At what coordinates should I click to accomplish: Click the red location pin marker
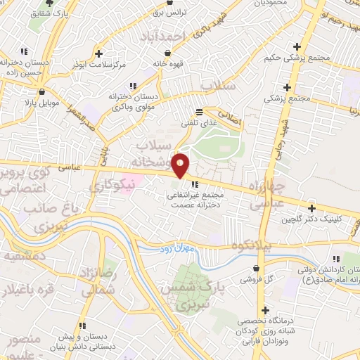181,165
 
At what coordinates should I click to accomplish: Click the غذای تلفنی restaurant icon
199,112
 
